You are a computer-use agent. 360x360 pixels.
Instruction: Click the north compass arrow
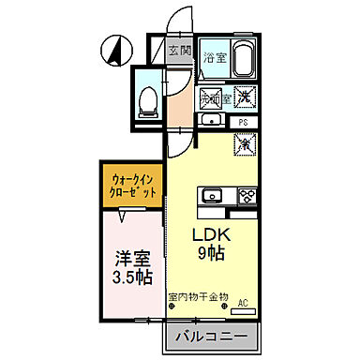coord(117,49)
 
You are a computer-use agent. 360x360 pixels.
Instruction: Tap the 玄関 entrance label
coord(180,51)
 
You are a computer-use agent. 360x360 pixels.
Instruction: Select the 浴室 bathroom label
coord(214,56)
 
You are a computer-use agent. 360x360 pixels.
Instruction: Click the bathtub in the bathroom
coord(243,61)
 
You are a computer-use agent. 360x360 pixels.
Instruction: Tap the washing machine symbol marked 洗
coord(241,96)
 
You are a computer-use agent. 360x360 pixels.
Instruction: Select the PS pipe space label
coord(243,121)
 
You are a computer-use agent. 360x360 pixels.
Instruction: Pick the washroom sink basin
coord(213,119)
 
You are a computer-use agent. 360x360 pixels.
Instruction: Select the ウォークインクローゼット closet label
coord(135,182)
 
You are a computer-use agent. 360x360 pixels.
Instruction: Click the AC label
coord(243,302)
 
